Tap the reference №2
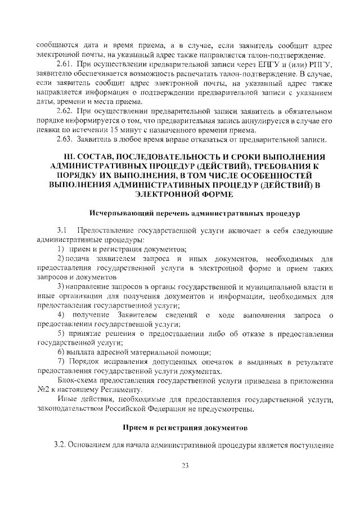tap(43, 390)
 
